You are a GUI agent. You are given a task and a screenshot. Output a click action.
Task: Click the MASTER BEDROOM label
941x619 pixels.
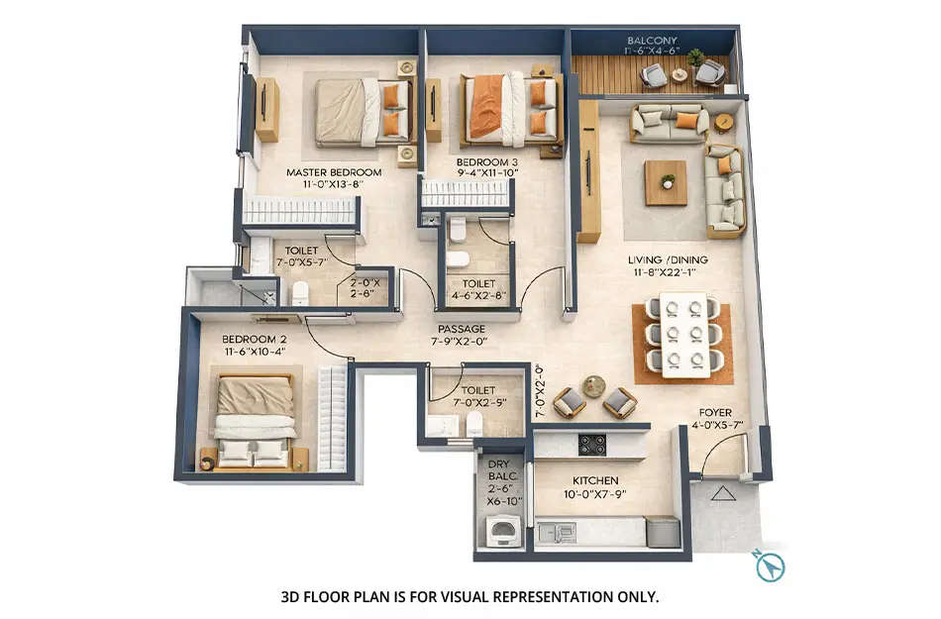(x=334, y=172)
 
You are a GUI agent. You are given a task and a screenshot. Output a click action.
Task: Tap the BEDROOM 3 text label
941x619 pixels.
(x=486, y=160)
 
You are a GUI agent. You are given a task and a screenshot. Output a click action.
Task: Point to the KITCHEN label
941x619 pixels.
(x=594, y=480)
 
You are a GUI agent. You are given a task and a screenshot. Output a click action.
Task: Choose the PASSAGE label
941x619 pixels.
(x=462, y=328)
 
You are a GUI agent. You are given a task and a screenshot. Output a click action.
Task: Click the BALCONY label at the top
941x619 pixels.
(x=653, y=41)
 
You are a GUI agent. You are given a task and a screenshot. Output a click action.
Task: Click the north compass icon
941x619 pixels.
(x=770, y=567)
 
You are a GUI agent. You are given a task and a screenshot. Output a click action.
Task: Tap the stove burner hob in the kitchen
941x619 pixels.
(x=592, y=445)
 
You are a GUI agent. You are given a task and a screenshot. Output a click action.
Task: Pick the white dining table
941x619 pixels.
(x=684, y=335)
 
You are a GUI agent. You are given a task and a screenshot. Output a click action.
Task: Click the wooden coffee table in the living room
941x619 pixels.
(x=666, y=182)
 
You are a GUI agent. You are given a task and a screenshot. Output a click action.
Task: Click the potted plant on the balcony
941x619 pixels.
(x=696, y=57)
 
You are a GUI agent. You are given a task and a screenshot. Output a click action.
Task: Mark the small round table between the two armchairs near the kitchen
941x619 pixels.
(x=593, y=386)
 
